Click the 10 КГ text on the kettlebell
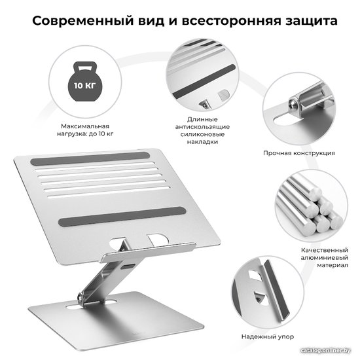coord(84,86)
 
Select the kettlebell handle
coord(84,67)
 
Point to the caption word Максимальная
coord(85,126)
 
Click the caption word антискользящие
coord(202,127)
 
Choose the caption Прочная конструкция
coord(299,153)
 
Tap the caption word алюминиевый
coord(325,258)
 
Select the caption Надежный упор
coord(268,337)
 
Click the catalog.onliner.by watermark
coord(325,350)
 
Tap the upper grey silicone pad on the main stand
coord(90,158)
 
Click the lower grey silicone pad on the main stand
coord(122,216)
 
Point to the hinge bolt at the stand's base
coord(81,297)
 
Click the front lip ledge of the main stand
coord(148,252)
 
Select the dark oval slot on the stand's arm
coord(128,267)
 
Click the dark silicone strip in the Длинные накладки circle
coord(204,81)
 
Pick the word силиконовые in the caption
coord(202,134)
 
